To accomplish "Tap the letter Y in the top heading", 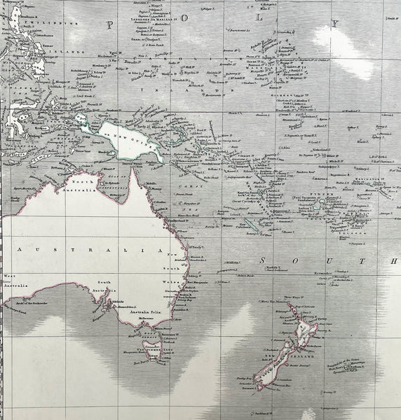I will click(335, 24).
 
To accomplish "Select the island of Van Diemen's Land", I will click(152, 348).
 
